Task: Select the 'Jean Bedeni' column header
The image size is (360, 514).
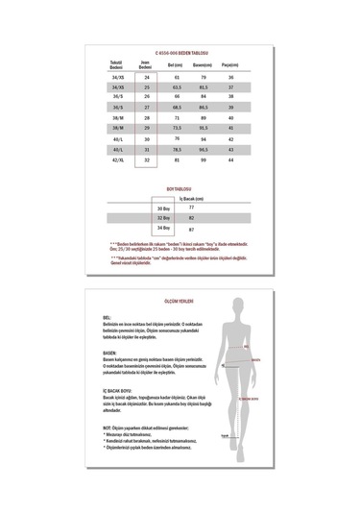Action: (148, 63)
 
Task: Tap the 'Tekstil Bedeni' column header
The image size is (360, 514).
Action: (121, 63)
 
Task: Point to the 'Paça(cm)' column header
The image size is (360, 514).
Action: (230, 63)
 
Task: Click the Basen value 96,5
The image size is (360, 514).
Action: (203, 149)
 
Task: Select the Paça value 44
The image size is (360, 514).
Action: (230, 161)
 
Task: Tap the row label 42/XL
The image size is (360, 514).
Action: (121, 161)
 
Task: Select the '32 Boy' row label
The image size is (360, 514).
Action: (162, 218)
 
